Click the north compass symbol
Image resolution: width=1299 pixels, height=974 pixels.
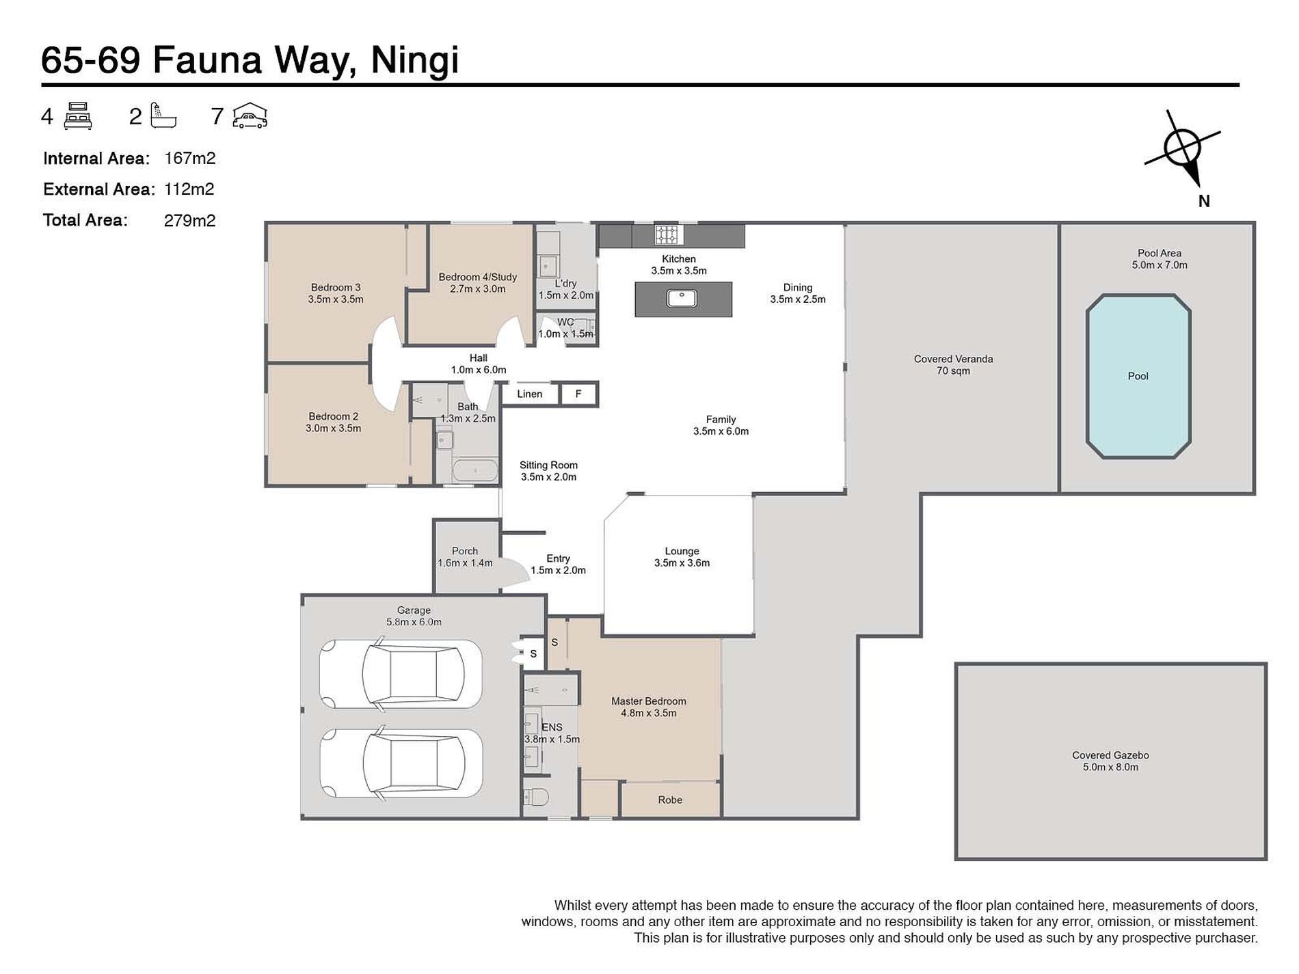1183,149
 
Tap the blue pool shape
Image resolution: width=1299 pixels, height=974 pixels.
1138,376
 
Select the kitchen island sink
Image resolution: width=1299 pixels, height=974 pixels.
682,299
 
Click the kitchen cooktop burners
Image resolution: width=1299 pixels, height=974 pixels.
667,234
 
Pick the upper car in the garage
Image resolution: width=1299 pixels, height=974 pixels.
401,674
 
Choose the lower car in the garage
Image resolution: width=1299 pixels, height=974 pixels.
401,763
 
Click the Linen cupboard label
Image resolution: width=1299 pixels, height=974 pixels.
529,394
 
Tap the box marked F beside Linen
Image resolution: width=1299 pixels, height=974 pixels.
578,394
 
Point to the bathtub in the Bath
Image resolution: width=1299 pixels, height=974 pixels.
476,471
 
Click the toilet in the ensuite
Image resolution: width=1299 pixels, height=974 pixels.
536,797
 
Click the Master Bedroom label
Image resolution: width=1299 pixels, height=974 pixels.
648,701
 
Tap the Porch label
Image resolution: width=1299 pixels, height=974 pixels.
465,551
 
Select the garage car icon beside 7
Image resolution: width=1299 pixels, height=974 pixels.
250,116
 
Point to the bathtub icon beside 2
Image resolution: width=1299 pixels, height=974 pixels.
163,116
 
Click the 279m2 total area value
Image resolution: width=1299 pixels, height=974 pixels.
189,220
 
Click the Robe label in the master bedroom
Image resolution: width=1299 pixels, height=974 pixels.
670,800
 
